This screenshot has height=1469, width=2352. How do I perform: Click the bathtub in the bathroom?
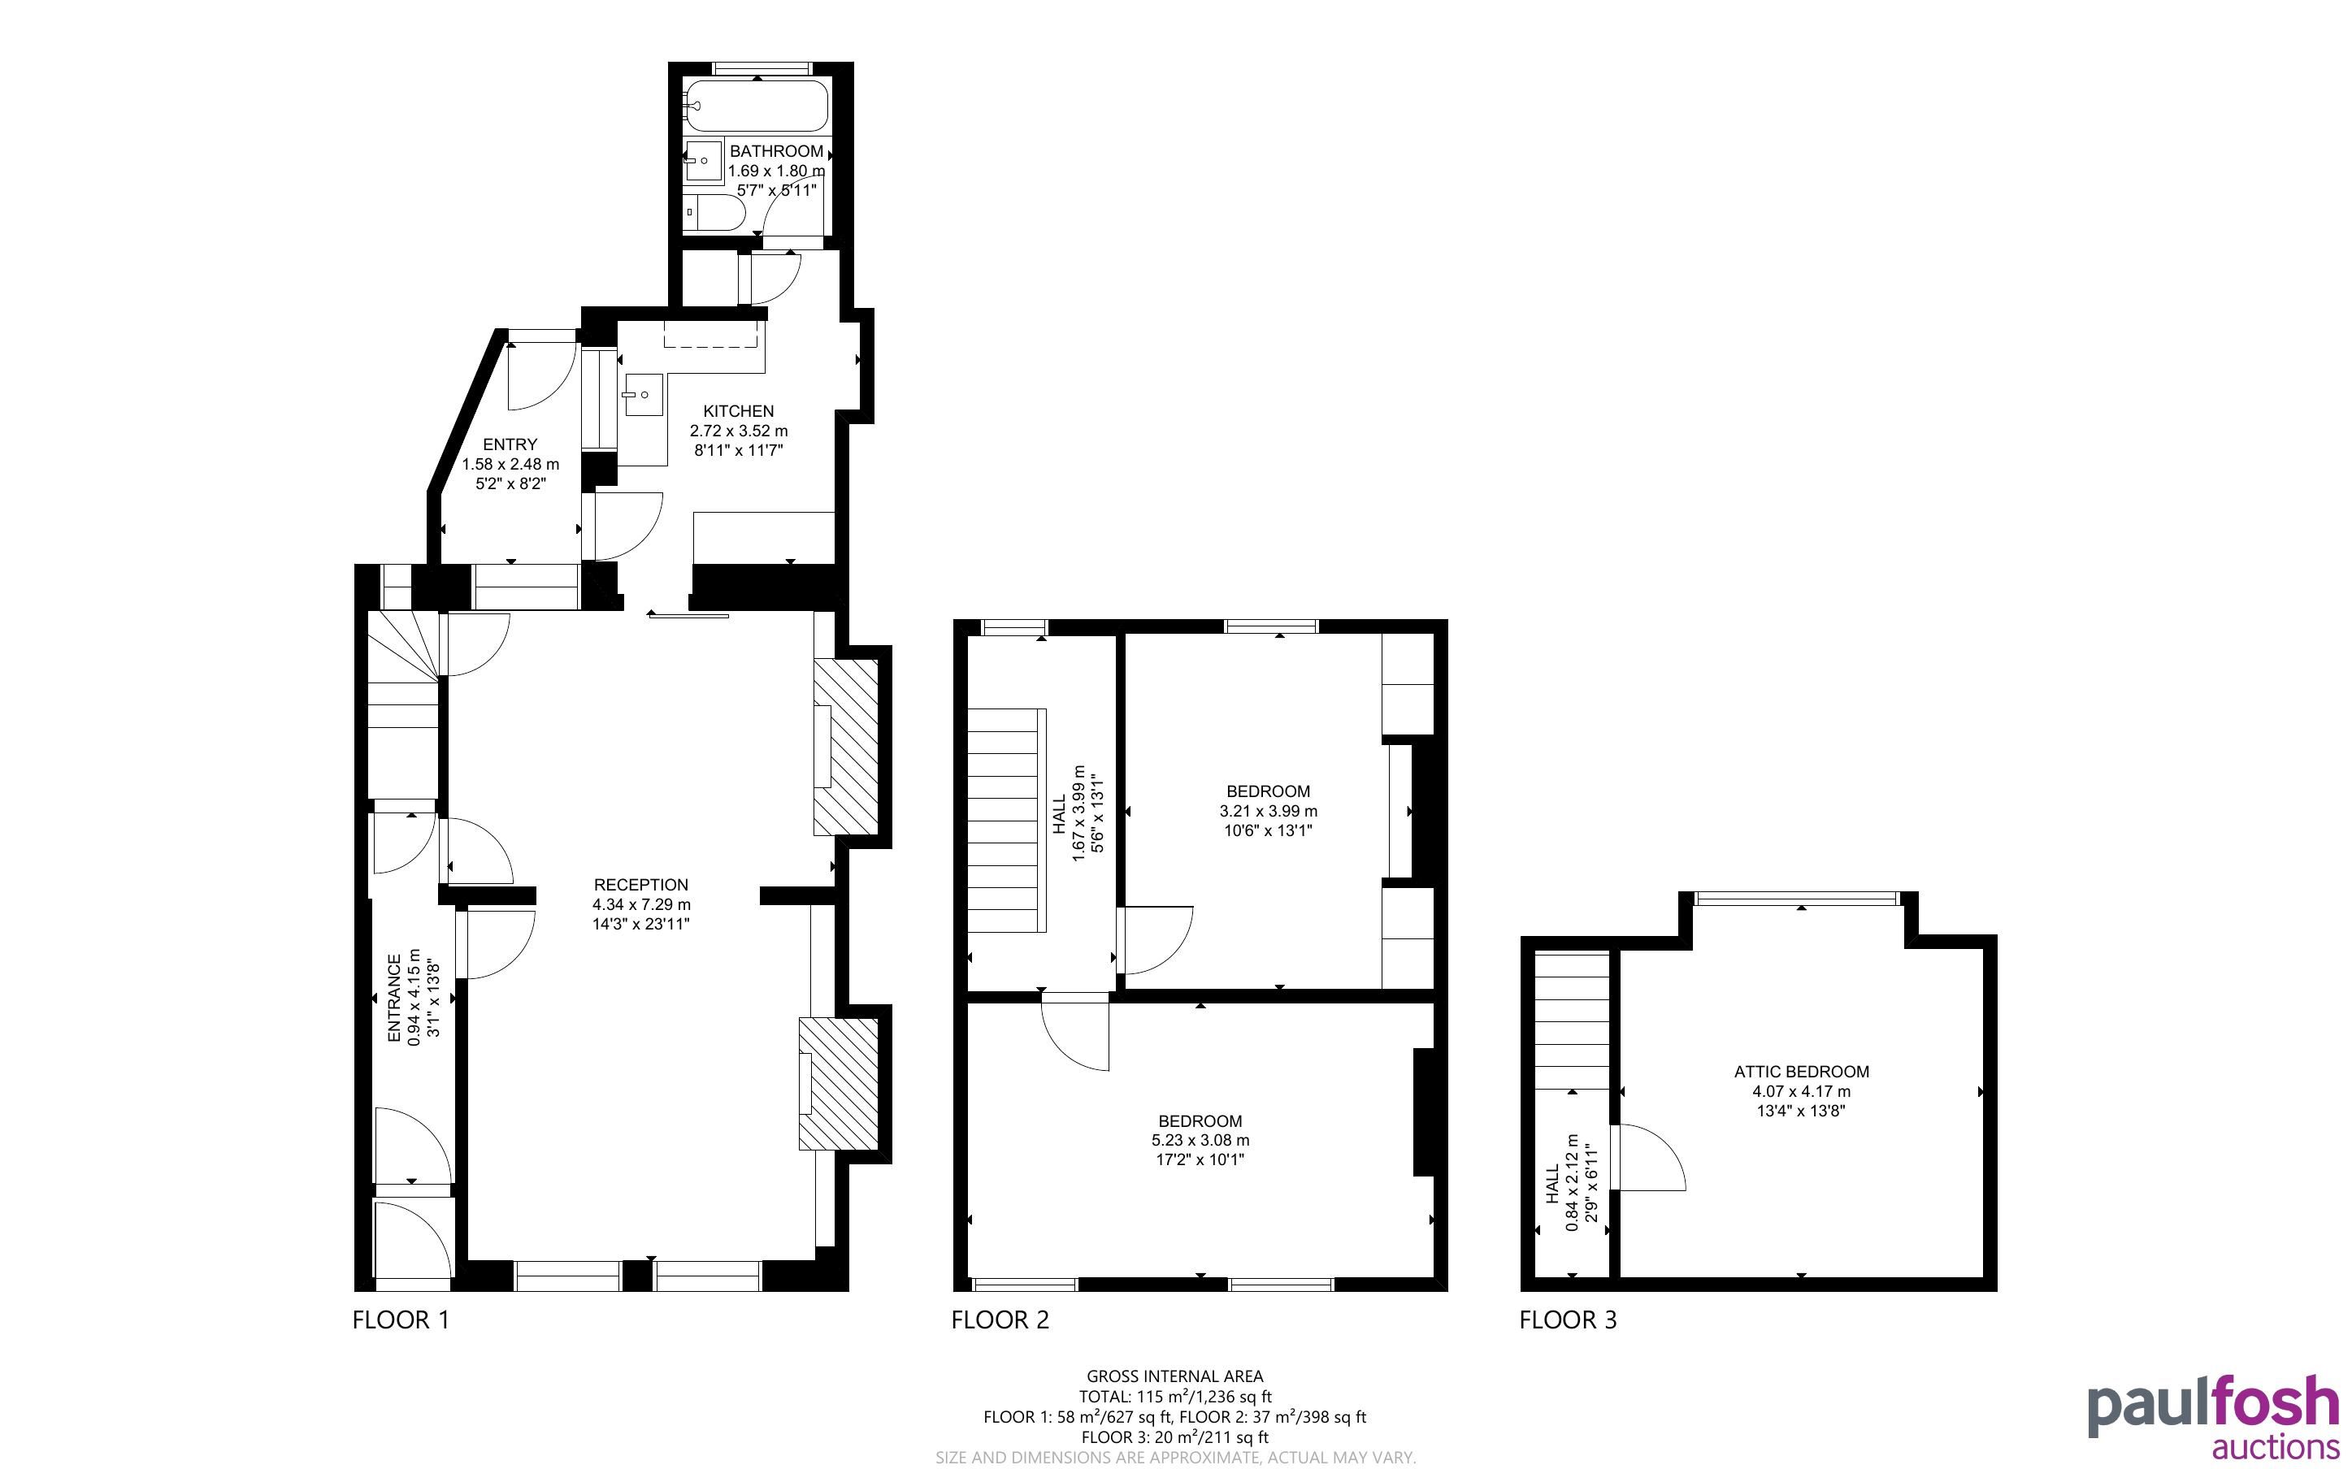(757, 106)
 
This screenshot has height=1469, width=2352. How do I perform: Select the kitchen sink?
(643, 394)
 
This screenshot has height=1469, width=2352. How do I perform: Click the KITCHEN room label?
(738, 411)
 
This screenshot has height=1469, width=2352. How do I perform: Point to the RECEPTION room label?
(641, 884)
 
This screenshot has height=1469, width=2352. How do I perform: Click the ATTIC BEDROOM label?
(1801, 1072)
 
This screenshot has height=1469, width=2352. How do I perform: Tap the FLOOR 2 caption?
(1000, 1319)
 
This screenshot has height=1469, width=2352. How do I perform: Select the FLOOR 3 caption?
(1568, 1319)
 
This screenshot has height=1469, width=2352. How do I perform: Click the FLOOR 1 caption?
(400, 1319)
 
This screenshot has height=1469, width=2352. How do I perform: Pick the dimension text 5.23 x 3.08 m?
(1200, 1140)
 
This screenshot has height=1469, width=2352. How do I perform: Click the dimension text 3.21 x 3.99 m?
(1268, 810)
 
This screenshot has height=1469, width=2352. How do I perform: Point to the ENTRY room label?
(510, 444)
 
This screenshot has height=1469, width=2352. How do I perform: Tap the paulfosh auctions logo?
(2213, 1415)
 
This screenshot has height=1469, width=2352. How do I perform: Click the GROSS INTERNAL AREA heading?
(1174, 1376)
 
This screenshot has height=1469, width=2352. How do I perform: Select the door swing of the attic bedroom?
(1647, 1157)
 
